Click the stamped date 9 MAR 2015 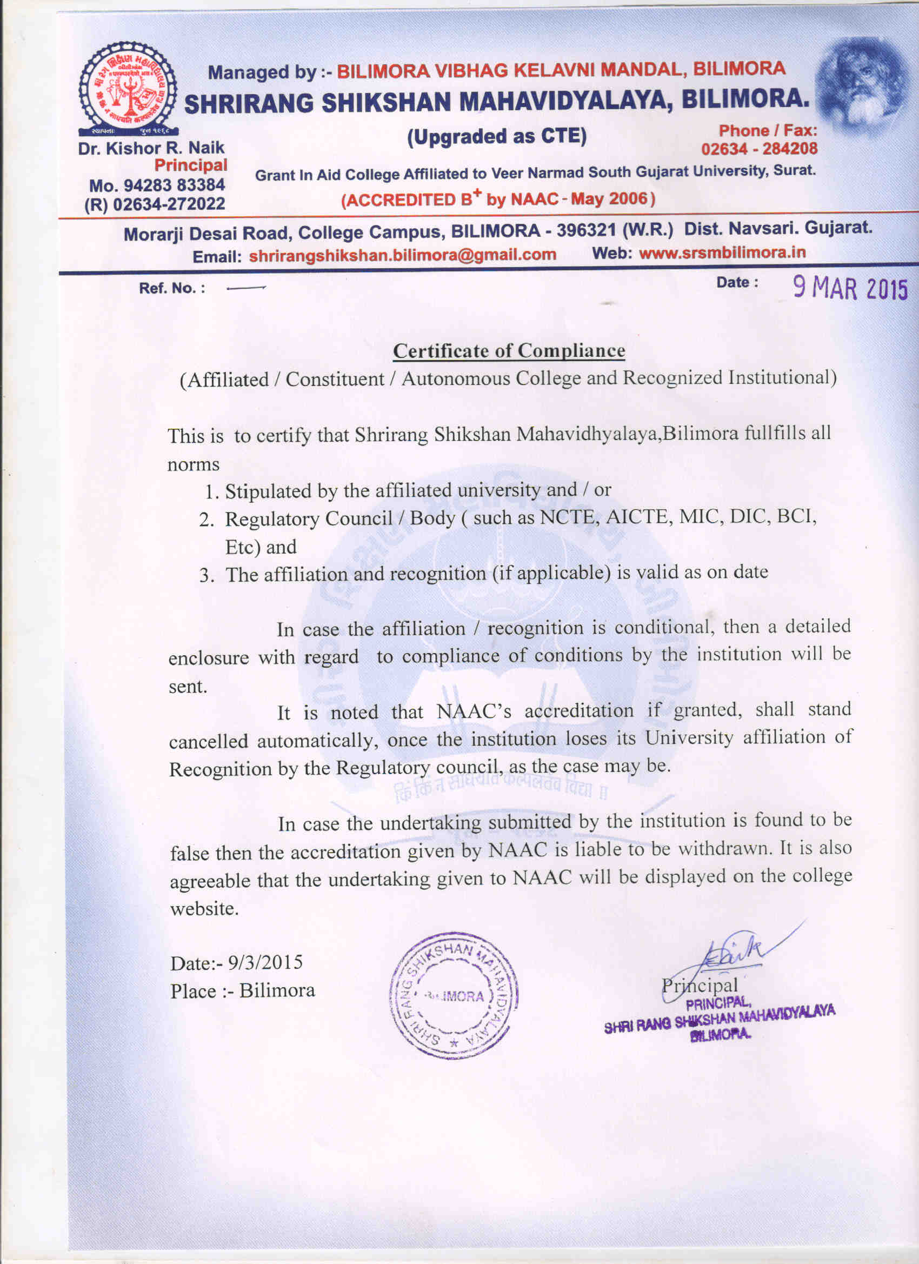pyautogui.click(x=850, y=288)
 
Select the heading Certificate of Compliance pyautogui.click(x=509, y=350)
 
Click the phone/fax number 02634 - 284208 pyautogui.click(x=759, y=149)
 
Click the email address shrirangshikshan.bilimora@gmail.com pyautogui.click(x=402, y=255)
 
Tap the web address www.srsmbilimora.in pyautogui.click(x=722, y=253)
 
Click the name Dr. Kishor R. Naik pyautogui.click(x=151, y=148)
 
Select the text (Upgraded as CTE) pyautogui.click(x=497, y=137)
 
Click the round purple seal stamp pyautogui.click(x=454, y=996)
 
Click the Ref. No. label pyautogui.click(x=172, y=289)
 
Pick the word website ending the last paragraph pyautogui.click(x=204, y=909)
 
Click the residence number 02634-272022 pyautogui.click(x=169, y=204)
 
